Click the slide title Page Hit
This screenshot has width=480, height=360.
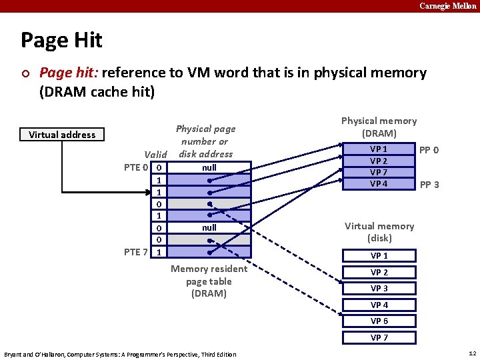tap(61, 41)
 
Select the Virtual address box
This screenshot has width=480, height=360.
tap(62, 135)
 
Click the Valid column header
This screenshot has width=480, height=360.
tap(155, 155)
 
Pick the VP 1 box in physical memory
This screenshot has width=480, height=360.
tap(379, 149)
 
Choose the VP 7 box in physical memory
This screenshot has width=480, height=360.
tap(379, 173)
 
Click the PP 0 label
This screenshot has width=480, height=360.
tap(427, 150)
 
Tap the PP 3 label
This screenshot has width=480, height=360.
tap(427, 185)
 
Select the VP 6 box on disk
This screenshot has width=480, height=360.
tap(379, 321)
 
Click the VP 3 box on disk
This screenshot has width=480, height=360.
tap(379, 289)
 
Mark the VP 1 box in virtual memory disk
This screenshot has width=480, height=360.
tap(379, 256)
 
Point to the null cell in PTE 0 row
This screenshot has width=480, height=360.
tap(209, 167)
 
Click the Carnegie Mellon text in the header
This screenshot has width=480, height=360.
tap(447, 6)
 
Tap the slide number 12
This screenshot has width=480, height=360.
tap(471, 353)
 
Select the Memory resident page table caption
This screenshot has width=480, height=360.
tap(209, 281)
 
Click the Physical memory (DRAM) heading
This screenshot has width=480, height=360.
tap(379, 127)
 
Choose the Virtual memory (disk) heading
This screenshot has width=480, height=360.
tap(379, 232)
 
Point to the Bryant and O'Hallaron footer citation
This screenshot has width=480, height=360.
tap(120, 354)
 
